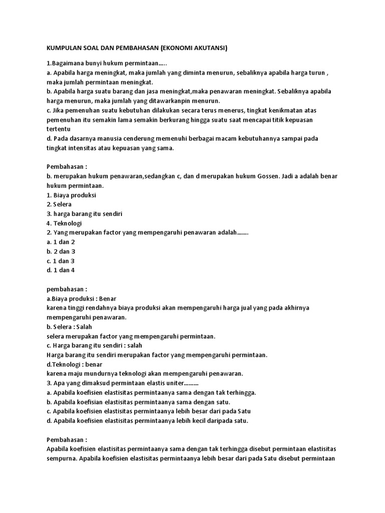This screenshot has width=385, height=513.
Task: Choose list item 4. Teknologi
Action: pos(64,223)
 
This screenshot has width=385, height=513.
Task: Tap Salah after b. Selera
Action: pos(88,326)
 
